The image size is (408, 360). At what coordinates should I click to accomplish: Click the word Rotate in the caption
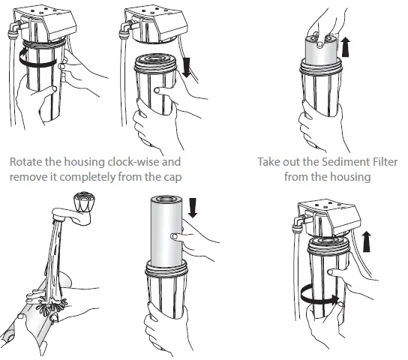25,162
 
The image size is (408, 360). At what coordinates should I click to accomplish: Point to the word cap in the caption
172,178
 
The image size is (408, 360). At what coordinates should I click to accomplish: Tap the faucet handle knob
83,201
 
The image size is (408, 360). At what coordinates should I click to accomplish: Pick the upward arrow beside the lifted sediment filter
346,46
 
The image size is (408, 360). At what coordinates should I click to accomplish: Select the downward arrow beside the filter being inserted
193,208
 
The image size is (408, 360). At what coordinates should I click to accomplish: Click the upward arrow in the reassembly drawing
366,241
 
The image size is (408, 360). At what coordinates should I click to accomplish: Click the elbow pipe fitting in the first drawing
18,27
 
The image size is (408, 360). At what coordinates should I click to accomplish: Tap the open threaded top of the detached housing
155,62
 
